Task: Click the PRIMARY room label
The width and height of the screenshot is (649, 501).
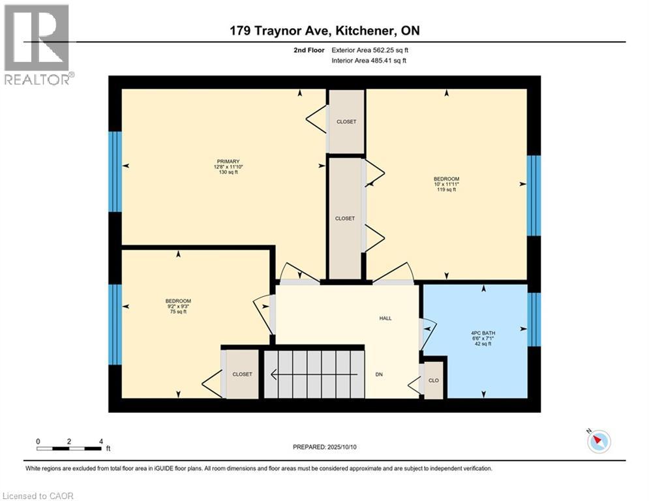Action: [x=229, y=161]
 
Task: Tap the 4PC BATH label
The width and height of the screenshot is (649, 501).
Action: [x=483, y=333]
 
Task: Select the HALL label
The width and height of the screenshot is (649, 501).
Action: [x=385, y=318]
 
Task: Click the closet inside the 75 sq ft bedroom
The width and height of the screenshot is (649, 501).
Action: [x=242, y=374]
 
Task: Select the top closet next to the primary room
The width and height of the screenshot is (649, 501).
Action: [x=346, y=122]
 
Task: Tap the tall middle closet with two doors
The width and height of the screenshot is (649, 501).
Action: [x=345, y=219]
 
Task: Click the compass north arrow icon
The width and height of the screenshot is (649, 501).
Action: [x=598, y=441]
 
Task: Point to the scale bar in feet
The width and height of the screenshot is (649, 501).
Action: [x=70, y=448]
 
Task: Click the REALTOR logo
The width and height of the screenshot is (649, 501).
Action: [x=37, y=44]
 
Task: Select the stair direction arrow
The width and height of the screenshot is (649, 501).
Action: [x=314, y=374]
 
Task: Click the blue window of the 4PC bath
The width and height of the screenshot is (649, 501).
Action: [x=534, y=319]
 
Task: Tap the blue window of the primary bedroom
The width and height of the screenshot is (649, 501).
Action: [x=115, y=172]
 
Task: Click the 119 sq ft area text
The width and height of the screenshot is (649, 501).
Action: [x=447, y=190]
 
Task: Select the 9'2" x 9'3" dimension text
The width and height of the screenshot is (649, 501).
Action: [x=178, y=306]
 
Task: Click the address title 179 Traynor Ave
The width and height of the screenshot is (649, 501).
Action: [x=324, y=30]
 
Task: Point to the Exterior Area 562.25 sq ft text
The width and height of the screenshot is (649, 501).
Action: [x=370, y=50]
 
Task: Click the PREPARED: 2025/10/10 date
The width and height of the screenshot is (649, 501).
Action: [x=324, y=447]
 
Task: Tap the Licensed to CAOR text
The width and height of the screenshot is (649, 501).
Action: [x=38, y=496]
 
